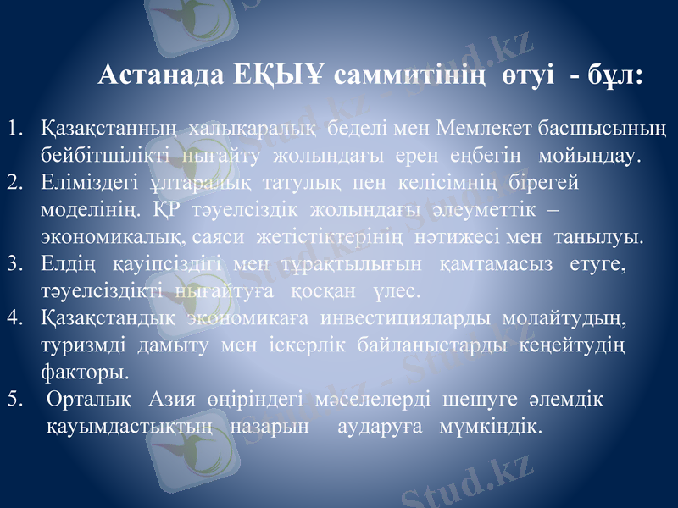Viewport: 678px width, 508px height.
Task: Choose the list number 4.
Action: (13, 317)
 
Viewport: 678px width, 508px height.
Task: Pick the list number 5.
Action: (13, 398)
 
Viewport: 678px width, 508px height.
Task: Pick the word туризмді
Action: (83, 345)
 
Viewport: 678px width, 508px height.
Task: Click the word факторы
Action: (85, 371)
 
